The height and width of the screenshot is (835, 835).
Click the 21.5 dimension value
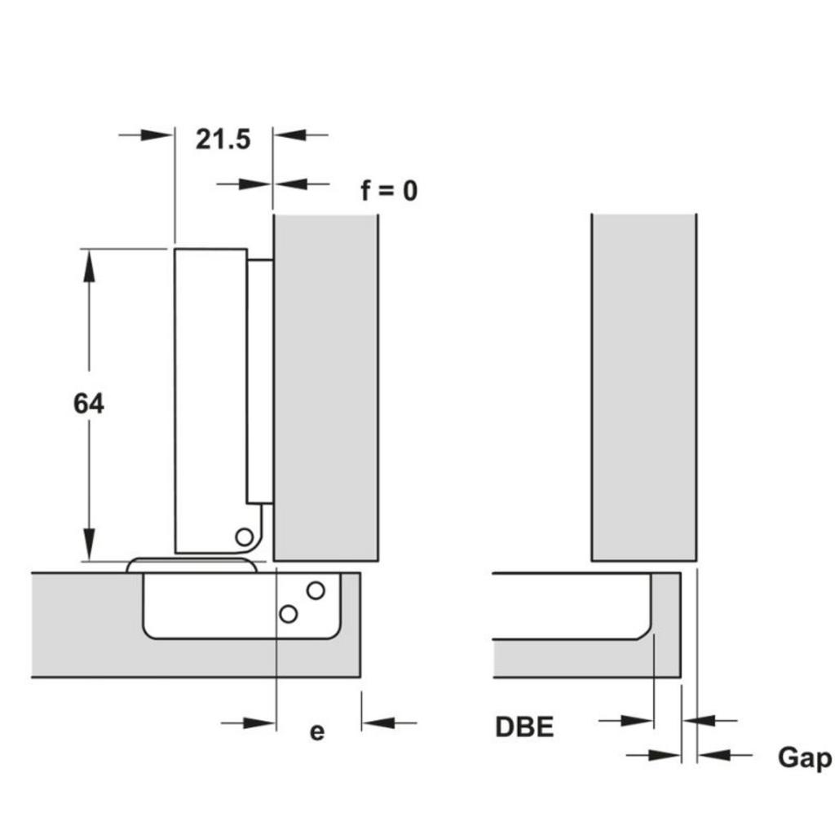tap(223, 139)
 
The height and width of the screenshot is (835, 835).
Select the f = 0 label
tap(389, 191)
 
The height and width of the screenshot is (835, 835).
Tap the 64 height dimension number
tap(88, 403)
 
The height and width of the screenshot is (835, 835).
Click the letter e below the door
tap(317, 731)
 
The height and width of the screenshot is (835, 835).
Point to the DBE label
tap(524, 727)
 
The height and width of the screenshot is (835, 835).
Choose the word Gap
tap(804, 758)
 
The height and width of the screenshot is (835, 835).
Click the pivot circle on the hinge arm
tap(243, 537)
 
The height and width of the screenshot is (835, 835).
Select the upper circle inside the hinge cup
tap(316, 589)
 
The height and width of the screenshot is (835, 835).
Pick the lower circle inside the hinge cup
tap(288, 613)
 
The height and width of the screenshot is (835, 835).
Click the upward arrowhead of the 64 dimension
tap(89, 266)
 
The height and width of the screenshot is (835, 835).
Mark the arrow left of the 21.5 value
tap(155, 135)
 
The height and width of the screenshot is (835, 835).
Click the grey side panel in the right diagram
tap(643, 387)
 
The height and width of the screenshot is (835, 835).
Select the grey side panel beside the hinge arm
tap(325, 387)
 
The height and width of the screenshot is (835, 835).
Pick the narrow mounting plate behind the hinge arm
tap(260, 379)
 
